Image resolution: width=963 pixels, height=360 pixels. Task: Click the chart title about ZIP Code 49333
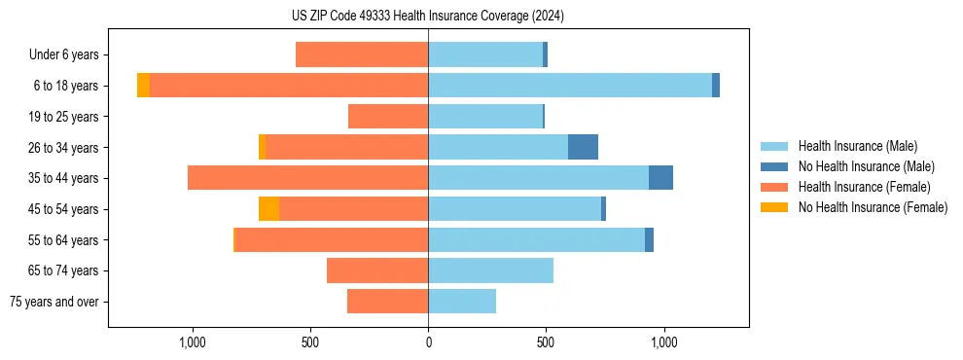428,17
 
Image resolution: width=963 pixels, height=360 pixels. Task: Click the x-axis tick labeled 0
428,343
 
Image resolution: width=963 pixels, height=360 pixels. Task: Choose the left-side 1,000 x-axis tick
193,343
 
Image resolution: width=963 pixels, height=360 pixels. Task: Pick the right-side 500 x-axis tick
546,343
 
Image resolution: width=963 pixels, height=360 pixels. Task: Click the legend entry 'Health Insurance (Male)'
857,146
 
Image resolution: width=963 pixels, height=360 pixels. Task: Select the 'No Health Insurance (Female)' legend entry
873,207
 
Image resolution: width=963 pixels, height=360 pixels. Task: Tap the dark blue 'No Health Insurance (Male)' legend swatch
774,166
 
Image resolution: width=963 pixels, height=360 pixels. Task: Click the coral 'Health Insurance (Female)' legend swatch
774,187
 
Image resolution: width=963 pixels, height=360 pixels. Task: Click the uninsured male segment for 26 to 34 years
583,147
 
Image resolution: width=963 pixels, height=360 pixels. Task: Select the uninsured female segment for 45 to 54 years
268,209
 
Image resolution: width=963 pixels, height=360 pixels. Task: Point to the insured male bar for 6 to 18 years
570,86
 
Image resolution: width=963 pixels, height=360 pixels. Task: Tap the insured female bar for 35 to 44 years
307,178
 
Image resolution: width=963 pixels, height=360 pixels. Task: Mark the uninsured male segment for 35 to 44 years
660,178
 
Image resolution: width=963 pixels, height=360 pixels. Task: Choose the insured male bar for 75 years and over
462,302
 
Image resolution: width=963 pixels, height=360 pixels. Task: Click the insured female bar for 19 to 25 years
388,117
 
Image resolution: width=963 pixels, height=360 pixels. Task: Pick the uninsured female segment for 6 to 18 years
143,86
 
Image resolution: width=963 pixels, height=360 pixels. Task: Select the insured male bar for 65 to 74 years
490,270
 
